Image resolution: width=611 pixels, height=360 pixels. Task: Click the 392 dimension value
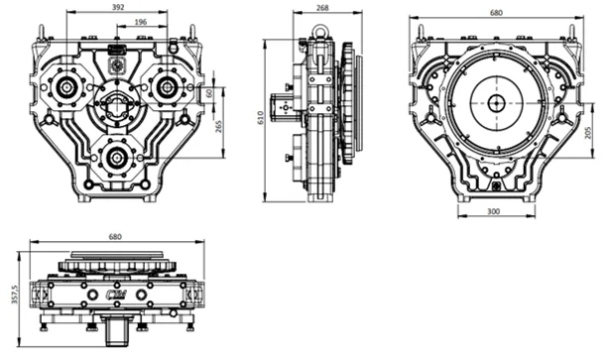118,7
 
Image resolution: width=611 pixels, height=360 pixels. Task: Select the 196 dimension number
140,22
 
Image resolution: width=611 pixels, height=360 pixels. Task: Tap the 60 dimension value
209,93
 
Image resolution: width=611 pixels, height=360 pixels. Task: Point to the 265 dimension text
218,126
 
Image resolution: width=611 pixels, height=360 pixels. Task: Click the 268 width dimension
323,7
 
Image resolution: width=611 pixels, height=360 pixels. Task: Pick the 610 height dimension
260,118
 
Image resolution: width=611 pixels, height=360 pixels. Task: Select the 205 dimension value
588,133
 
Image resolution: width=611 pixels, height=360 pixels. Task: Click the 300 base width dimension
493,211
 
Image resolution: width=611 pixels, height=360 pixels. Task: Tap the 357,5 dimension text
15,295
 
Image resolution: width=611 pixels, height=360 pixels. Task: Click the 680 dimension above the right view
496,13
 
